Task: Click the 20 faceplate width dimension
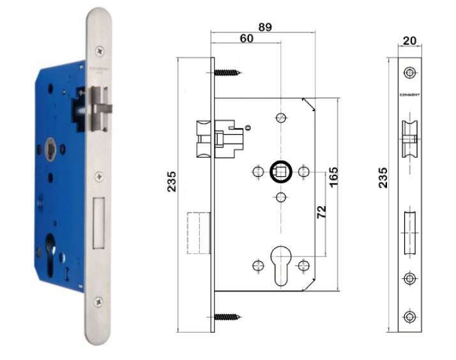click(409, 41)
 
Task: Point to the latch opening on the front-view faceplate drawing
click(409, 139)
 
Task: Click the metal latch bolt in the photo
click(102, 102)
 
